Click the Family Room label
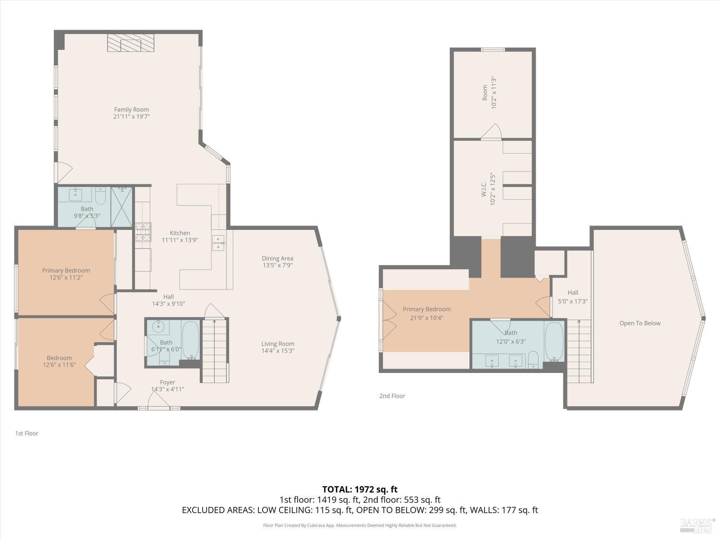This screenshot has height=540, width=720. (132, 109)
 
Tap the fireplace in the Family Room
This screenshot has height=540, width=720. (131, 43)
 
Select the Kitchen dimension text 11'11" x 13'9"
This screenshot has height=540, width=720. (180, 240)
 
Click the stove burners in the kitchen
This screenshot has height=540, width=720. (144, 232)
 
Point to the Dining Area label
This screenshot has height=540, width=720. (277, 258)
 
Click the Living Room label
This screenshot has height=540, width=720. (278, 344)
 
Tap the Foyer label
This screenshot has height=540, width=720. (168, 382)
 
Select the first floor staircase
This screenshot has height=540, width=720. (215, 350)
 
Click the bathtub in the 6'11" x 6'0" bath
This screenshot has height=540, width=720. (190, 340)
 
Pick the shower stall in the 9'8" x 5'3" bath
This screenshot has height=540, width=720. (122, 207)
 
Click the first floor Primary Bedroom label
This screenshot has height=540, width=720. (66, 271)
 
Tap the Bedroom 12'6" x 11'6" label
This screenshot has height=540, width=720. (59, 358)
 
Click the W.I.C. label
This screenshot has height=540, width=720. (484, 189)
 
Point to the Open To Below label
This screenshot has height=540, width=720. (640, 323)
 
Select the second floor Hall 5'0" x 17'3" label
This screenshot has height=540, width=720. (573, 292)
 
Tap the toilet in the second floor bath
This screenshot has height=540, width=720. (533, 360)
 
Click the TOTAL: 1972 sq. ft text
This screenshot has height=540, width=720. (360, 490)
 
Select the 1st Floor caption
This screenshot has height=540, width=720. (26, 433)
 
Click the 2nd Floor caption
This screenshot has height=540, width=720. (392, 396)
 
